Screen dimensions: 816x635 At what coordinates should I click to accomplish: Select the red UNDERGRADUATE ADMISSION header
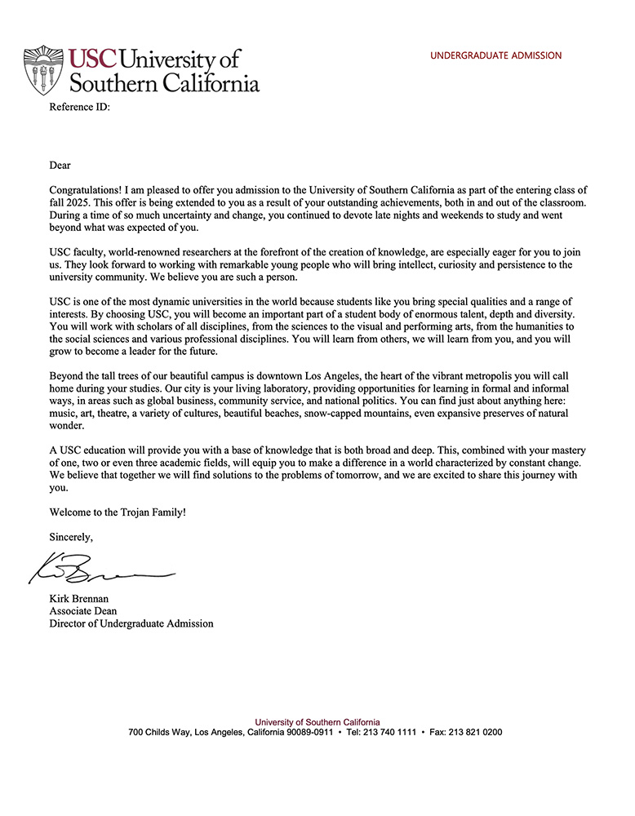495,55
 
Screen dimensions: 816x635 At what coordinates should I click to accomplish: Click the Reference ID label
79,107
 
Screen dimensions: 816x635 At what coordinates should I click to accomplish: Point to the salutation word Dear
60,165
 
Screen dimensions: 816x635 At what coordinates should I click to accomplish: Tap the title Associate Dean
83,610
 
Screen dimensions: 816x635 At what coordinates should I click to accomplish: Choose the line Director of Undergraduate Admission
131,623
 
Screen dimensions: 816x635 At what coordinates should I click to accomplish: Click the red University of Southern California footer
317,722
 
